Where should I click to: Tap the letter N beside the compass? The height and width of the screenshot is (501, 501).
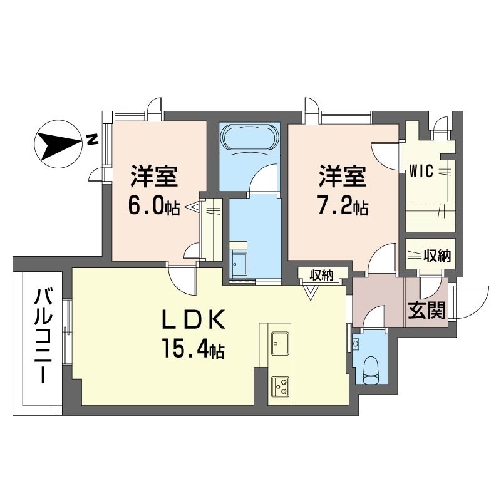(x=92, y=140)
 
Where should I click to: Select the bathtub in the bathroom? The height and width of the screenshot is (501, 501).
(x=249, y=137)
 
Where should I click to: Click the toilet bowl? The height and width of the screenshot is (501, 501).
(x=371, y=369)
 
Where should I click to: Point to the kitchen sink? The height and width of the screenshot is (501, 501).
(x=280, y=343)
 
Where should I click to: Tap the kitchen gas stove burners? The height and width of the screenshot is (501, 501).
(x=280, y=387)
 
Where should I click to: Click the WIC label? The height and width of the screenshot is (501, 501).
(x=421, y=171)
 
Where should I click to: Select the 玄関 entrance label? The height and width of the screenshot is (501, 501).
(x=427, y=311)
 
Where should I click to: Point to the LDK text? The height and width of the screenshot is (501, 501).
(x=194, y=320)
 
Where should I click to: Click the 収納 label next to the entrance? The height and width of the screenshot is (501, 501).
(x=436, y=256)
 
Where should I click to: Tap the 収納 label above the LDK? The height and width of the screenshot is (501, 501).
(x=321, y=275)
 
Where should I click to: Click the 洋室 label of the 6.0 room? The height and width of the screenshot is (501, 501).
(x=154, y=176)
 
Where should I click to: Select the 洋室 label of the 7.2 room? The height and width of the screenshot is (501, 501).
(x=343, y=176)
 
